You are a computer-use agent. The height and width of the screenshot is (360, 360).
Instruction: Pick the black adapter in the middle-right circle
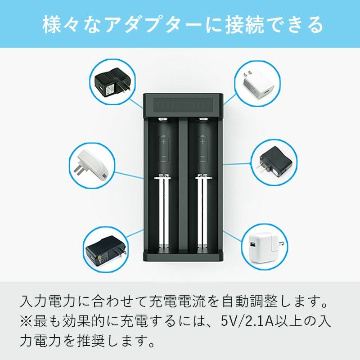click(x=274, y=162)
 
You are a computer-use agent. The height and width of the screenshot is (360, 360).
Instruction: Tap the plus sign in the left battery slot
click(x=163, y=141)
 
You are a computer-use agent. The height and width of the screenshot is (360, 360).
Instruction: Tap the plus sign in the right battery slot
click(x=202, y=141)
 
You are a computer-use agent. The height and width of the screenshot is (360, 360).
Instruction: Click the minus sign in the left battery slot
click(x=163, y=157)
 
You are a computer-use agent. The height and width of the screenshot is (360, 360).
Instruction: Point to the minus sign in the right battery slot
click(x=202, y=157)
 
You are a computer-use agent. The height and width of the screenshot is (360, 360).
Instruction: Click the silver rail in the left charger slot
click(x=163, y=213)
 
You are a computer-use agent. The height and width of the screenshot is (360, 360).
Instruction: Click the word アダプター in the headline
click(x=153, y=25)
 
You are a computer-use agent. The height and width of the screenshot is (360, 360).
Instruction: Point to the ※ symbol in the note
click(x=26, y=321)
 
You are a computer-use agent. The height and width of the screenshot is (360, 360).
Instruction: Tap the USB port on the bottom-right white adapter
click(x=252, y=245)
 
